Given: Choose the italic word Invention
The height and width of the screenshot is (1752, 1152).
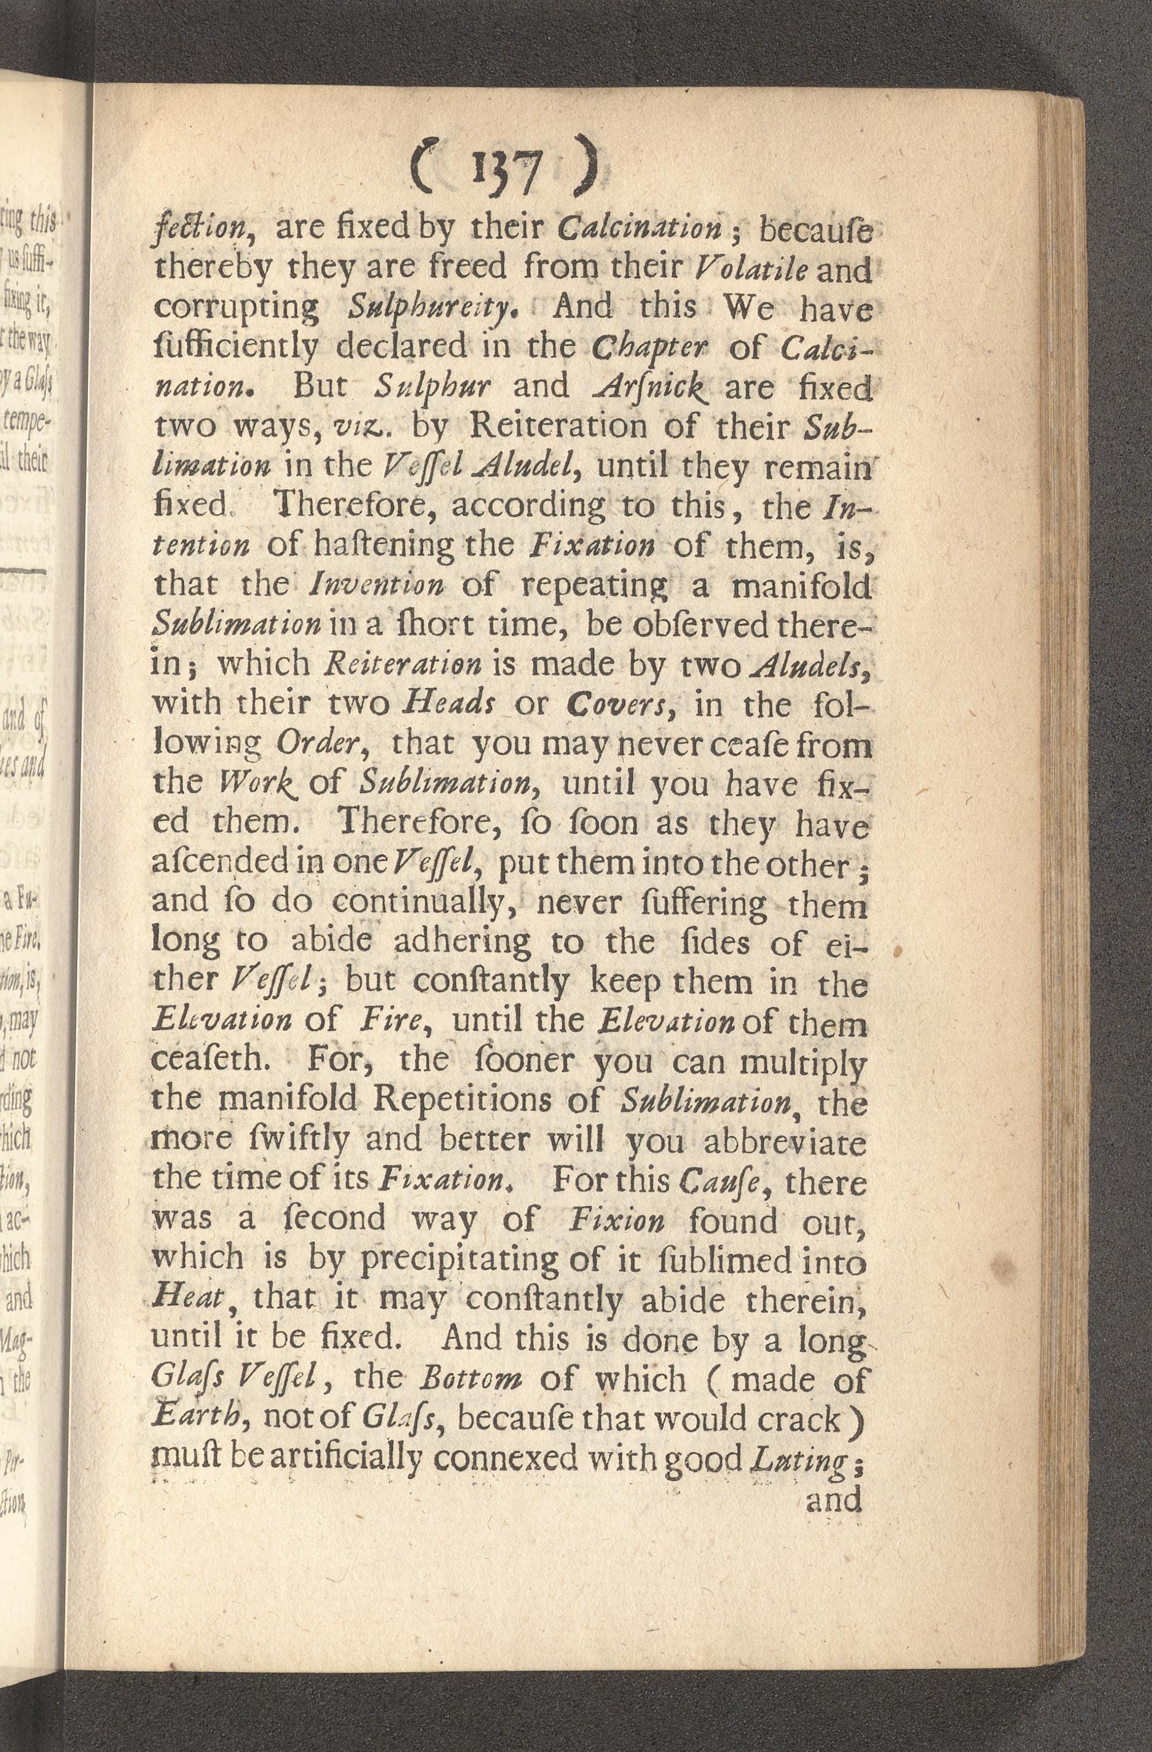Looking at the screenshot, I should (377, 585).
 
